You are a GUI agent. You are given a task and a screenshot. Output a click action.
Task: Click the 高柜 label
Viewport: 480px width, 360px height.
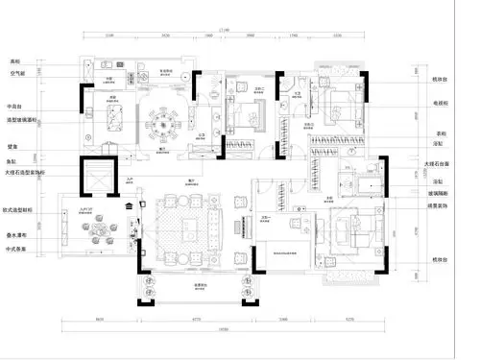(x=15, y=61)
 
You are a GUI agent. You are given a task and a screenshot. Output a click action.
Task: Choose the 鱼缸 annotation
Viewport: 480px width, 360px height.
(x=15, y=163)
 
